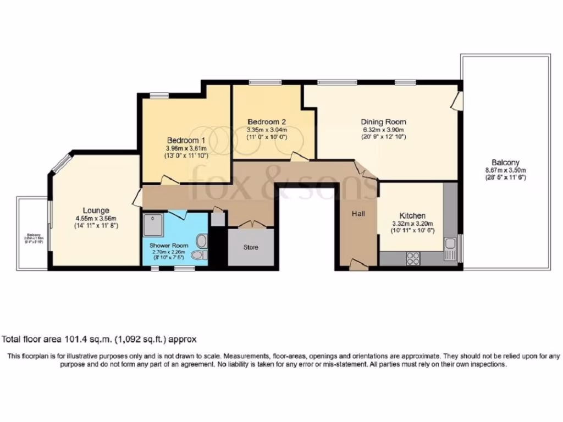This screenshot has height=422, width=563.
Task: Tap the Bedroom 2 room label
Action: coord(266,121)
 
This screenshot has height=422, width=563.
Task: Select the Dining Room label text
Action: coord(383,121)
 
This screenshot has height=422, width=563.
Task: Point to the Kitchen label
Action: coord(412,215)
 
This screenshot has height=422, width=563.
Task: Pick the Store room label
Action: coord(251,247)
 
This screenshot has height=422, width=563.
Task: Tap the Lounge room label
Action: coord(96,210)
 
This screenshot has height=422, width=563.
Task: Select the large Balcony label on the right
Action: coord(505,163)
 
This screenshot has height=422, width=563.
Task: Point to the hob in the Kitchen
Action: coord(413,258)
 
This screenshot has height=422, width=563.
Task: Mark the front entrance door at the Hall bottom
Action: coord(358,265)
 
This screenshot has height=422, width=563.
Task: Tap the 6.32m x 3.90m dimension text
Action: coord(383,129)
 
